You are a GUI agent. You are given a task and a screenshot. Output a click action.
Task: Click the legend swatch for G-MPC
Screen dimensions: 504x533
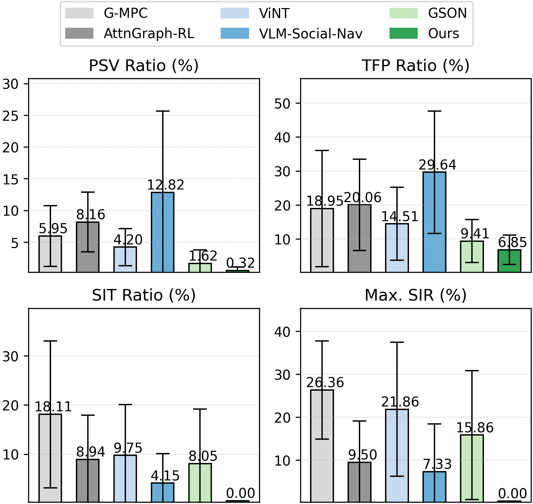coord(79,13)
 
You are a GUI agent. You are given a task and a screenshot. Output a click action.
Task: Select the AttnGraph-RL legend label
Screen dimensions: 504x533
coord(149,33)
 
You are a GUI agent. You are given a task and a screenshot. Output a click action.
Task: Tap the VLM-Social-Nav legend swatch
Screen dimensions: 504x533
coord(235,33)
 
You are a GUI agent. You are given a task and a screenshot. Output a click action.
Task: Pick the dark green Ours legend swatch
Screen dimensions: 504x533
coord(403,33)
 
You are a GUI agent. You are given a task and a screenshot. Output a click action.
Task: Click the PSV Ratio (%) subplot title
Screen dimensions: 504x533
coord(144,66)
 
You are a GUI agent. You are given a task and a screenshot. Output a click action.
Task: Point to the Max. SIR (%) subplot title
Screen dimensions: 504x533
coord(415,295)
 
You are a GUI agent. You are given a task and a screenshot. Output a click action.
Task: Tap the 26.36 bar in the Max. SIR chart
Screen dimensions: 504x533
coord(322,446)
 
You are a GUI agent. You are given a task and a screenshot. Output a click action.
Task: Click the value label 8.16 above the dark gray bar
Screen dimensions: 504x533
coord(91,214)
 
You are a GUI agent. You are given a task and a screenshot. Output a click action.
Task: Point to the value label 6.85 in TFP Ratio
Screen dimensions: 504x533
coord(512,242)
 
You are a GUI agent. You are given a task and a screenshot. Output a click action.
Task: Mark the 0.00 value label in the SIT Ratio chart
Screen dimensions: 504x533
coord(241,493)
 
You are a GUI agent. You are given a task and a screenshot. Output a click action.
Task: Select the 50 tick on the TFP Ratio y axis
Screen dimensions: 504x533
coord(282,103)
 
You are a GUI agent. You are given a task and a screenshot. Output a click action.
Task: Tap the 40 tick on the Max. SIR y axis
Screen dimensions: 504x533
coord(282,332)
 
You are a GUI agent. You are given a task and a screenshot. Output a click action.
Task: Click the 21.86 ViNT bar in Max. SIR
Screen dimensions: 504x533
coord(397,455)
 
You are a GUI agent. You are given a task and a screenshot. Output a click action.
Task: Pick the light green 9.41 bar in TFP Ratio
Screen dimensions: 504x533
coord(472,256)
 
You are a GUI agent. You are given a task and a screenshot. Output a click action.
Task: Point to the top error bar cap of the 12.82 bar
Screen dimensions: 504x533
coord(162,111)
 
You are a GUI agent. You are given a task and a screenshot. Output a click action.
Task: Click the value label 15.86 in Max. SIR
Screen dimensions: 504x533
coord(475,428)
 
